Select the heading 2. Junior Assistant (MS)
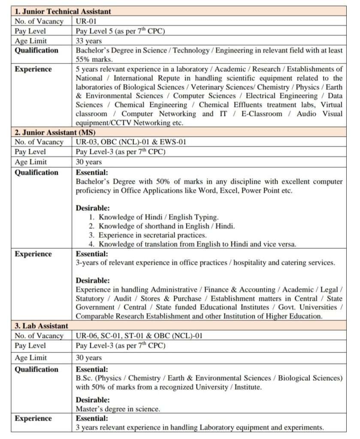(55, 132)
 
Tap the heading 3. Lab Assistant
(42, 326)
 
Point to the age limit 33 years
(89, 41)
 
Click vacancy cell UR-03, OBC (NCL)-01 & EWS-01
(131, 142)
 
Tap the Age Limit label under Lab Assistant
(31, 358)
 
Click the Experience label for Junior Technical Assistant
(33, 69)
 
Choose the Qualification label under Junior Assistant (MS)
(36, 172)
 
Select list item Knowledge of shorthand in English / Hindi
(166, 226)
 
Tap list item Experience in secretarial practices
(152, 235)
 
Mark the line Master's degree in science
(118, 409)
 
